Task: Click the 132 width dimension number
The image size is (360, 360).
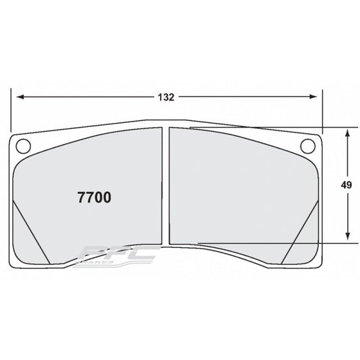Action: click(167, 97)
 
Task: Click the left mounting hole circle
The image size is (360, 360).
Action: click(22, 145)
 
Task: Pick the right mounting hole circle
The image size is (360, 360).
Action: click(308, 145)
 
